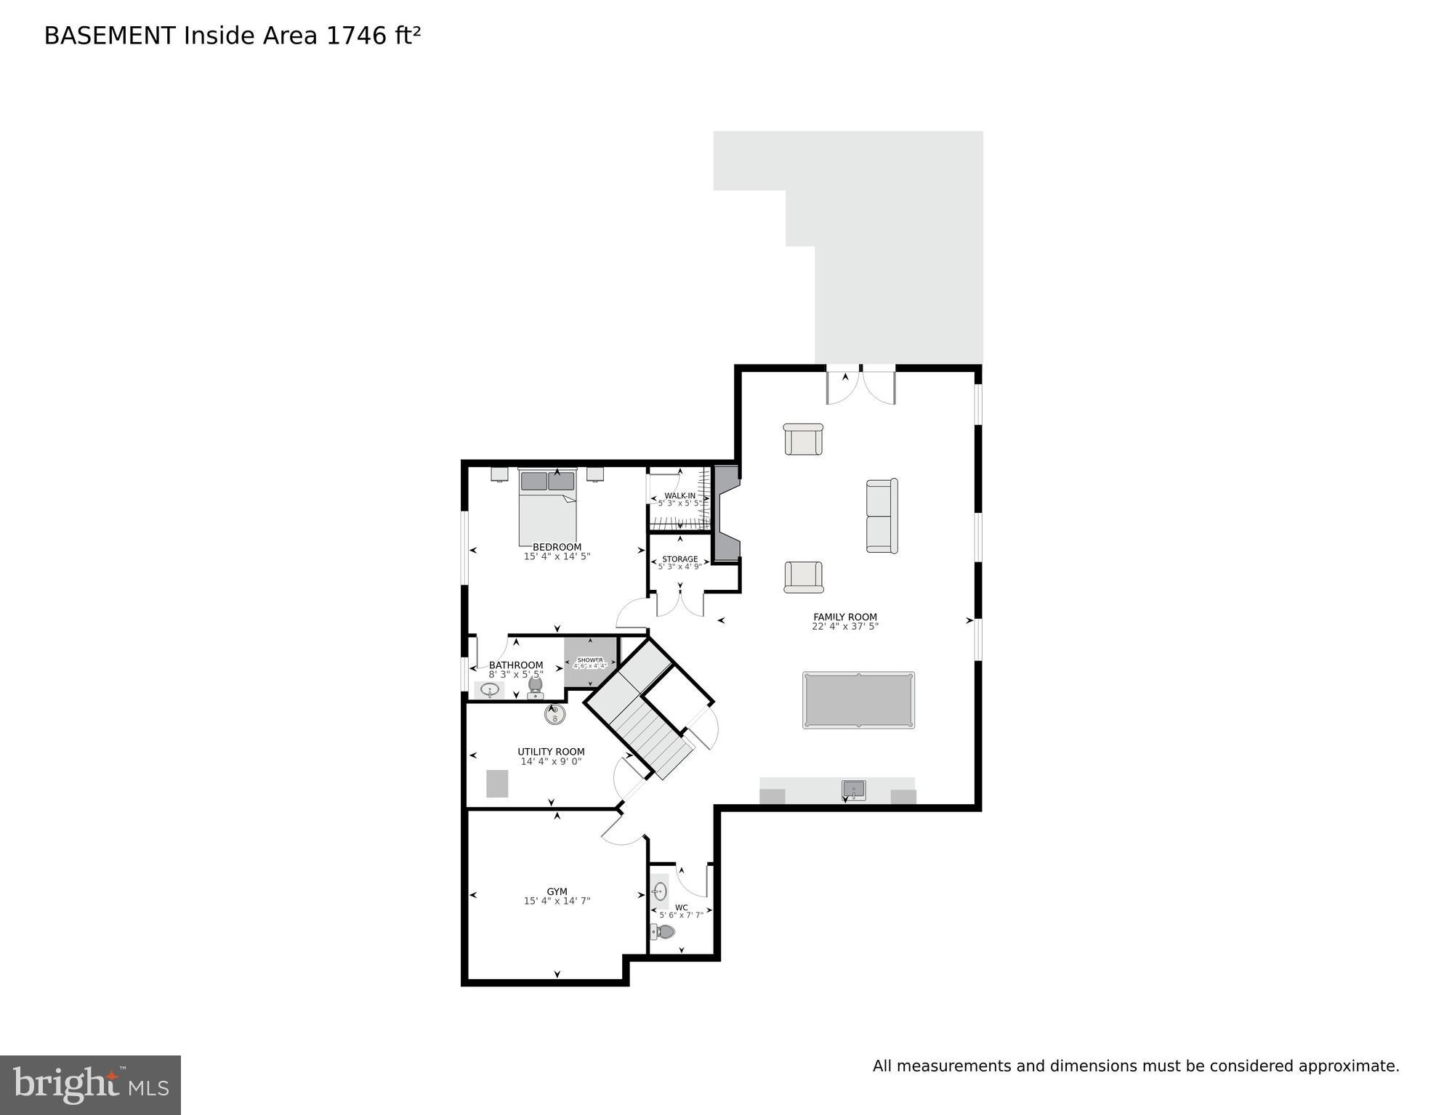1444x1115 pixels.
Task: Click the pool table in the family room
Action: tap(858, 700)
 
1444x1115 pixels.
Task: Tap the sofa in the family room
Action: tap(882, 516)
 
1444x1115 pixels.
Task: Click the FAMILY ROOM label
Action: tap(844, 617)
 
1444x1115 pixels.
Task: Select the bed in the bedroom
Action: tap(548, 508)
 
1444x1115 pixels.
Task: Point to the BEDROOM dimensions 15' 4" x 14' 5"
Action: tap(557, 557)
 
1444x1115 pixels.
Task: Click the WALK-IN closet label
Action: tap(679, 495)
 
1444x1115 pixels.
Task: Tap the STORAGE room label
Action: tap(679, 559)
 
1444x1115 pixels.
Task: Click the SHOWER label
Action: tap(590, 660)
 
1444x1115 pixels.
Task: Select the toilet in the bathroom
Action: tap(536, 686)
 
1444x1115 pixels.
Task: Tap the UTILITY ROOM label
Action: tap(551, 752)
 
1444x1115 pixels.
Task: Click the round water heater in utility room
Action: tap(555, 715)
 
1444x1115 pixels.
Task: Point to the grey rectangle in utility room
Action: tap(497, 783)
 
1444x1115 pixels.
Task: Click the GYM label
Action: tap(557, 891)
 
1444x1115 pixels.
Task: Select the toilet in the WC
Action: tap(663, 932)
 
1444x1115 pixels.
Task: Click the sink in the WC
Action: tap(660, 891)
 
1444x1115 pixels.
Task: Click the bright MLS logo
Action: tap(90, 1085)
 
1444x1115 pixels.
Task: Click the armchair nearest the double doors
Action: tap(803, 439)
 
